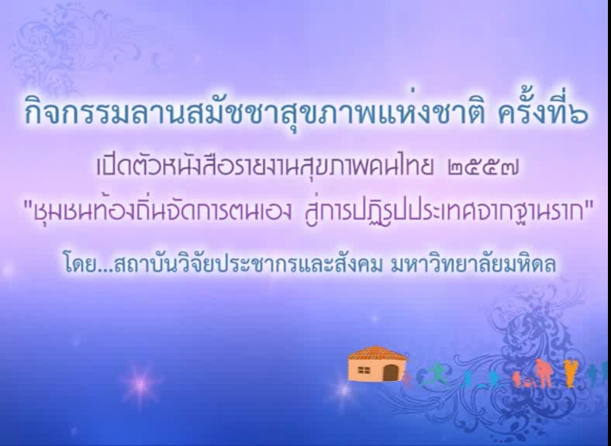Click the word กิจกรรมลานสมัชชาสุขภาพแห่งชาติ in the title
click(254, 112)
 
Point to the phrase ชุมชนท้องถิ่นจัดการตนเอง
click(163, 211)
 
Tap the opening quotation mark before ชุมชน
click(27, 205)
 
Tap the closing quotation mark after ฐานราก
click(589, 205)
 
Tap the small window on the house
click(364, 371)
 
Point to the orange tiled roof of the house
click(377, 354)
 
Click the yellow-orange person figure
click(570, 373)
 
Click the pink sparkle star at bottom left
click(140, 384)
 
